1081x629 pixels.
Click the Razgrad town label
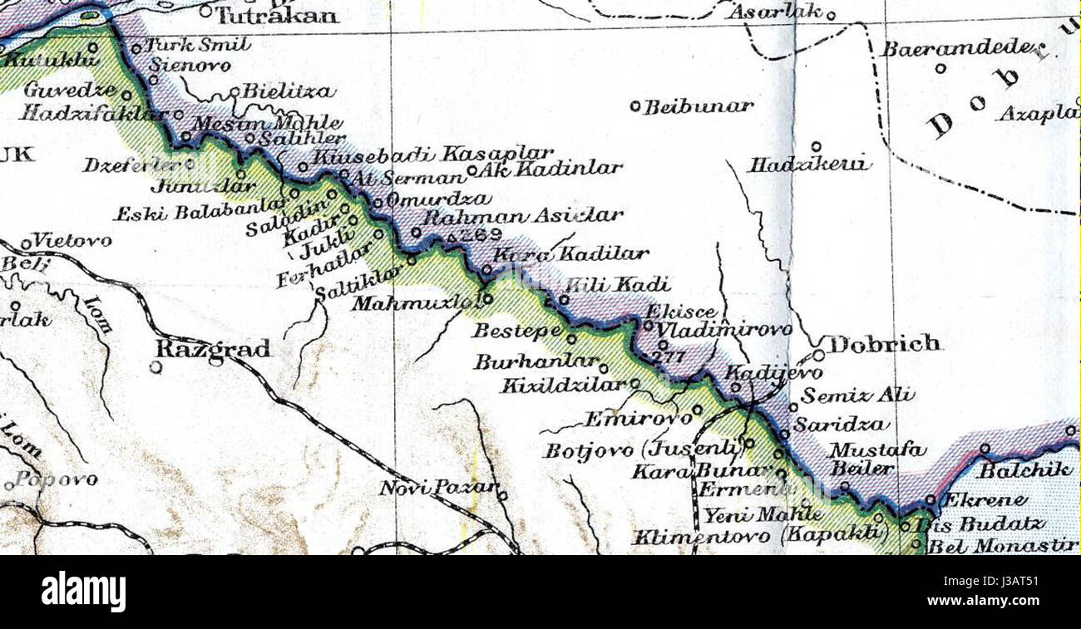point(213,349)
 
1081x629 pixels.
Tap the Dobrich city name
point(885,343)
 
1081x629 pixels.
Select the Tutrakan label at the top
point(278,15)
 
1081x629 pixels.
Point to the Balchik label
point(1026,470)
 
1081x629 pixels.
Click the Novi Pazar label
point(438,488)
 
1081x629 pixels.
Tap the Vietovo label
point(72,240)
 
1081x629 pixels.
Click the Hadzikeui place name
point(809,165)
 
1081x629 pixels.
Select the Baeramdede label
point(961,49)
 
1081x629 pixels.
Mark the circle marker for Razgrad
point(156,366)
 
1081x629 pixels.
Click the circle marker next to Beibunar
point(635,106)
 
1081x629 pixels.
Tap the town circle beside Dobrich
point(817,355)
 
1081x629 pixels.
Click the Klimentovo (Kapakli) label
point(756,537)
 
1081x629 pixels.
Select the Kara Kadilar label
point(570,254)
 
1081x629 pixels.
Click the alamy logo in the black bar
point(83,592)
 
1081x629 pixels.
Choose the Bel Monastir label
point(1002,546)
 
